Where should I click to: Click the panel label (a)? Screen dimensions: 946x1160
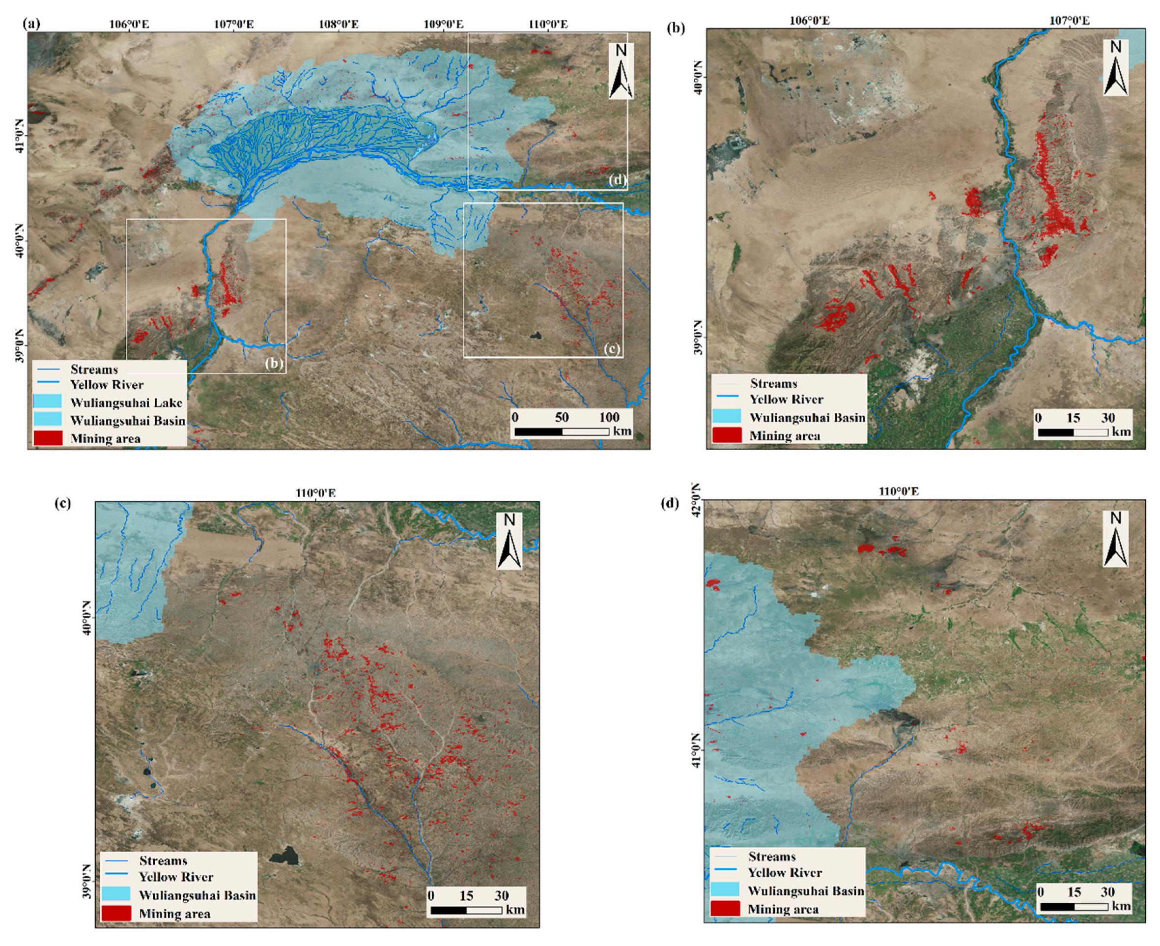click(x=31, y=23)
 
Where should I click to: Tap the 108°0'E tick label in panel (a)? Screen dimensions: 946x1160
click(x=339, y=24)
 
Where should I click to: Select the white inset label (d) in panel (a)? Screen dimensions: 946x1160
click(x=617, y=180)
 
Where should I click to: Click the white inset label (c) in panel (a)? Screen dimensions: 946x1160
click(x=612, y=348)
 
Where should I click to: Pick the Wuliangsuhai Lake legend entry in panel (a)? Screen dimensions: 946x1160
click(x=126, y=402)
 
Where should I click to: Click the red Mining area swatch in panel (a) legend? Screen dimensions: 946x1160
click(x=47, y=438)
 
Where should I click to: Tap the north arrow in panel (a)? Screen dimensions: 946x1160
click(x=621, y=72)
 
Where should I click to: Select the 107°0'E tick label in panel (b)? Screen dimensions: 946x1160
click(x=1070, y=21)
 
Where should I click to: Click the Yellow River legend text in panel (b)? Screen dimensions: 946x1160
click(x=786, y=400)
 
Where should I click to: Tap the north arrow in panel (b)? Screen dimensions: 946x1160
click(x=1115, y=68)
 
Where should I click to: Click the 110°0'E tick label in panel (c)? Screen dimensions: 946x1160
click(x=316, y=493)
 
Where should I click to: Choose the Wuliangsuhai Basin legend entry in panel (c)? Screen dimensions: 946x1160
click(x=197, y=895)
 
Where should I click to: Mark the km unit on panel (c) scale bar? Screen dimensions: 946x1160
click(x=515, y=910)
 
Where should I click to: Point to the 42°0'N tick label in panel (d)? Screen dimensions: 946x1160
click(x=696, y=493)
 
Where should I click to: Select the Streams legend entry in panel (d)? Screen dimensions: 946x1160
click(x=771, y=856)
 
